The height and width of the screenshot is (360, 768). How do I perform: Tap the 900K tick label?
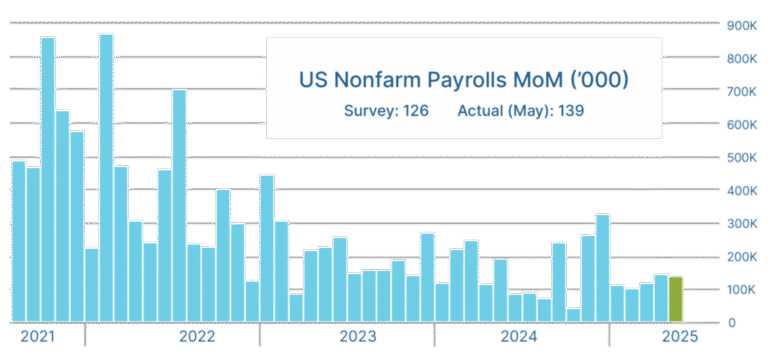741,25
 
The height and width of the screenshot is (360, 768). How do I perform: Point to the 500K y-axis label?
741,157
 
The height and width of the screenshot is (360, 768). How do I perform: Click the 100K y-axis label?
741,289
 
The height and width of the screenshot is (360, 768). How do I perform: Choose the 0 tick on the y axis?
733,322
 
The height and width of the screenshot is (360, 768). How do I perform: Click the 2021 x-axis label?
38,336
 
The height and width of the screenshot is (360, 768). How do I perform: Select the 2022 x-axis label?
198,336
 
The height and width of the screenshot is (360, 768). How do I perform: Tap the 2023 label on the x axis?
357,336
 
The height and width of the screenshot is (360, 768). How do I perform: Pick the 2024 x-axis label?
517,336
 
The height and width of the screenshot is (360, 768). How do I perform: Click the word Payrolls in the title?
458,78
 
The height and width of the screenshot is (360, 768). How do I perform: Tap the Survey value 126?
415,109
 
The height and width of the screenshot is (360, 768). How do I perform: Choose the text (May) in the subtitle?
525,109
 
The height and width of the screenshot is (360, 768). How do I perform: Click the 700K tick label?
741,91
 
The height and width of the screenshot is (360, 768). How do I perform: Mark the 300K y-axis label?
741,223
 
